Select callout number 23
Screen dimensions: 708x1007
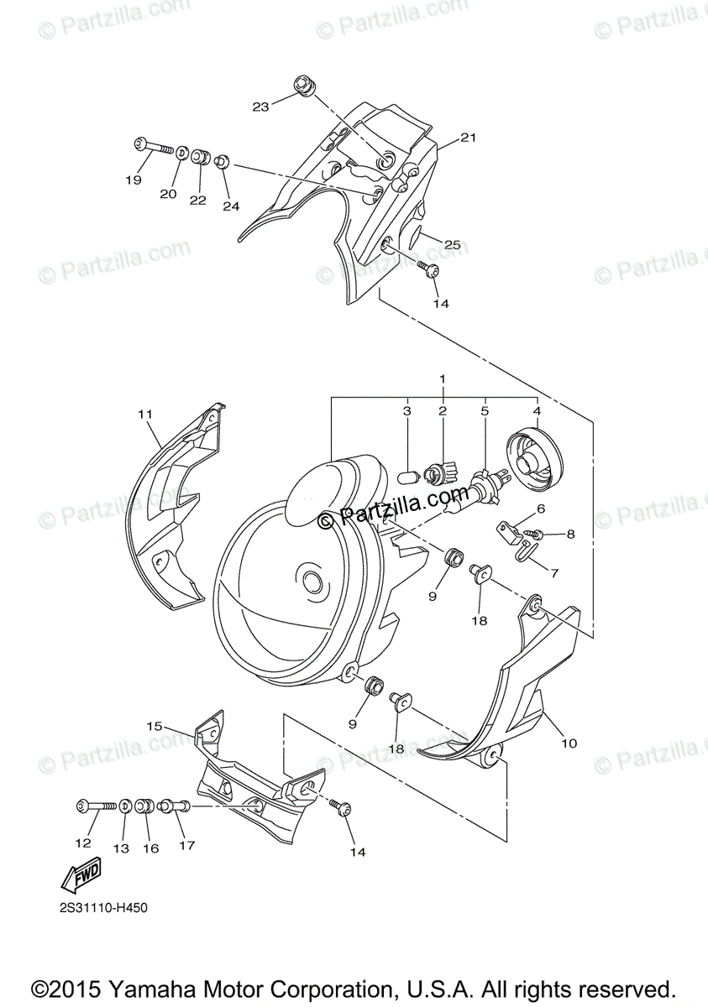(260, 107)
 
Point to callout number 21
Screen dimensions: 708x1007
(468, 138)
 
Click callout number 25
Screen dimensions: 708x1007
(453, 245)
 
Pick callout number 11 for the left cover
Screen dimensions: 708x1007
(145, 414)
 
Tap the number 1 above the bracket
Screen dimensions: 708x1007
(442, 379)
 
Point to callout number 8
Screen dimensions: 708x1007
(570, 533)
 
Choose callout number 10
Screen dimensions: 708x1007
(569, 743)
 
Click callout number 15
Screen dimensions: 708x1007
(154, 725)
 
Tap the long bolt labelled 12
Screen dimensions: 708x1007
(96, 806)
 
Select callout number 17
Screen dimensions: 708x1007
(186, 845)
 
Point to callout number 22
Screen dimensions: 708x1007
(197, 200)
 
